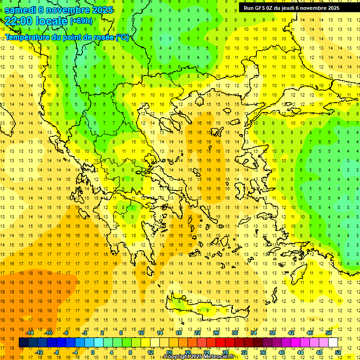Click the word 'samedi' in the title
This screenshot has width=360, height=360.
(x=21, y=10)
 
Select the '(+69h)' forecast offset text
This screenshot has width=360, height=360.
(x=81, y=21)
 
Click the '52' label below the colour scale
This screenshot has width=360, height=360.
(x=338, y=352)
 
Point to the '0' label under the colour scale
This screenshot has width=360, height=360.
(x=93, y=352)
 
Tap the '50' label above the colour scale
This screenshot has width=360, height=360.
(x=328, y=333)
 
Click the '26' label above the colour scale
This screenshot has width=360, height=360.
(x=216, y=333)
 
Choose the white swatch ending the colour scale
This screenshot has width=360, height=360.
(x=333, y=343)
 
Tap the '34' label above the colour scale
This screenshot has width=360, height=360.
(x=253, y=333)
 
